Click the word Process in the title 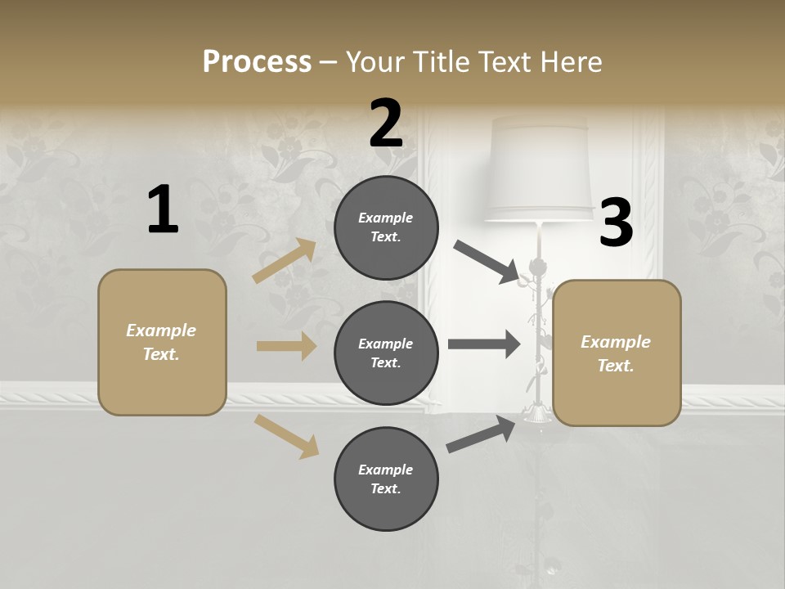tap(257, 61)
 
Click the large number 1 tap(163, 210)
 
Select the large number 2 tap(386, 124)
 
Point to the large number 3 tap(616, 223)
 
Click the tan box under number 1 tap(162, 342)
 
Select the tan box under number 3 tap(617, 353)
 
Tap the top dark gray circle tap(386, 227)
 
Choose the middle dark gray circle tap(386, 353)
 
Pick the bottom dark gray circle tap(386, 479)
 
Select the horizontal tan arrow tap(286, 346)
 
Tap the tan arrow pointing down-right tap(286, 436)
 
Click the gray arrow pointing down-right tap(486, 263)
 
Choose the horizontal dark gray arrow tap(484, 344)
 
